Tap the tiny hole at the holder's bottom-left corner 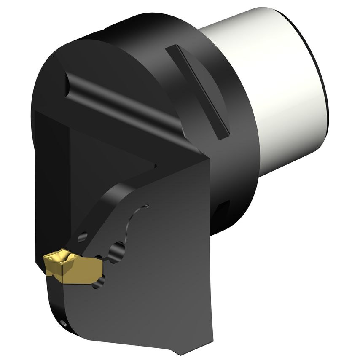click(63, 324)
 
